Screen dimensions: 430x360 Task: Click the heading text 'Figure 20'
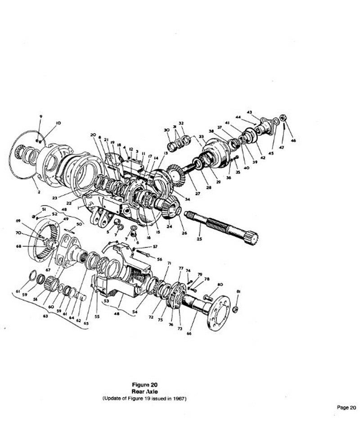144,385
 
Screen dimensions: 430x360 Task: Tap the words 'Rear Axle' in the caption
144,392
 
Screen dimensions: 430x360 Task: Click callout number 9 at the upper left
40,117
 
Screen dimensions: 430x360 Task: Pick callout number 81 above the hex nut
238,292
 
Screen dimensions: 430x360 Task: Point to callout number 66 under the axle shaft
189,334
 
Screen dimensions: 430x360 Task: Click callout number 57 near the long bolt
155,247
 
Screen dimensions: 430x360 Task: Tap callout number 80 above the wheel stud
220,285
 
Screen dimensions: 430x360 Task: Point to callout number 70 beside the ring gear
31,233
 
